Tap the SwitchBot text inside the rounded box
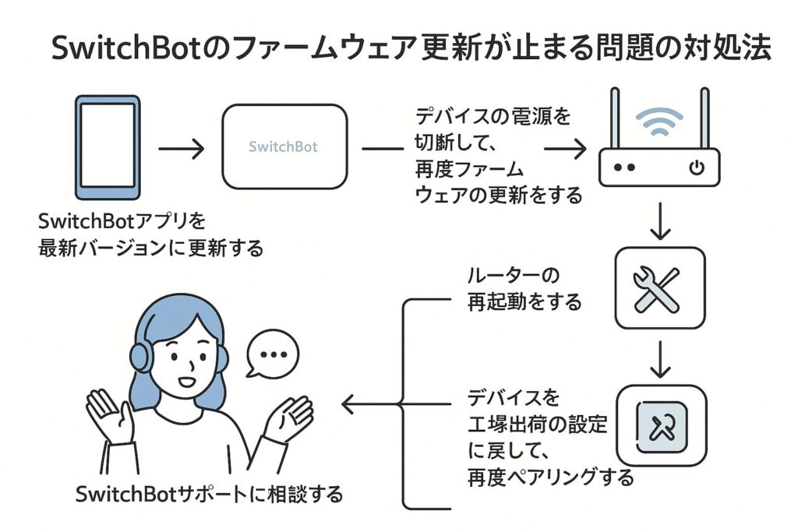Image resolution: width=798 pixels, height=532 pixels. tap(283, 146)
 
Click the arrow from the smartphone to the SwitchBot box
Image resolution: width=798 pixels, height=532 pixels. tap(181, 147)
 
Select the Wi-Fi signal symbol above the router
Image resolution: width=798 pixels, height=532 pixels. tap(659, 122)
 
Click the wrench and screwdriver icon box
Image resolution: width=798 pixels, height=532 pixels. tap(659, 287)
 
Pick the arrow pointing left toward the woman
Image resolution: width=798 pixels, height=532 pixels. tap(366, 404)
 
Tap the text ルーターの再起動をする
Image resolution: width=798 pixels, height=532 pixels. tap(524, 288)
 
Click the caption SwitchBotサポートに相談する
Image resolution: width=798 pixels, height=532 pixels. tap(210, 494)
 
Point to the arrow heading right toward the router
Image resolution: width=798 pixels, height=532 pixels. tap(564, 147)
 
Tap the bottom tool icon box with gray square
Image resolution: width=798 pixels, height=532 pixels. tap(661, 425)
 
